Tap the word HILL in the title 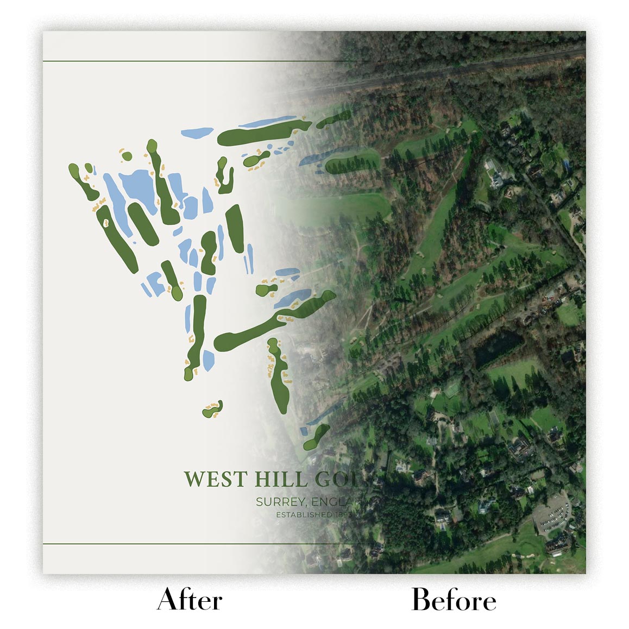pos(280,480)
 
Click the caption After pos(190,600)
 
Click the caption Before pos(454,600)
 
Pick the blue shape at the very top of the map pos(197,132)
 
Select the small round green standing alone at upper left pos(127,155)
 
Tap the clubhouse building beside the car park pos(557,546)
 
